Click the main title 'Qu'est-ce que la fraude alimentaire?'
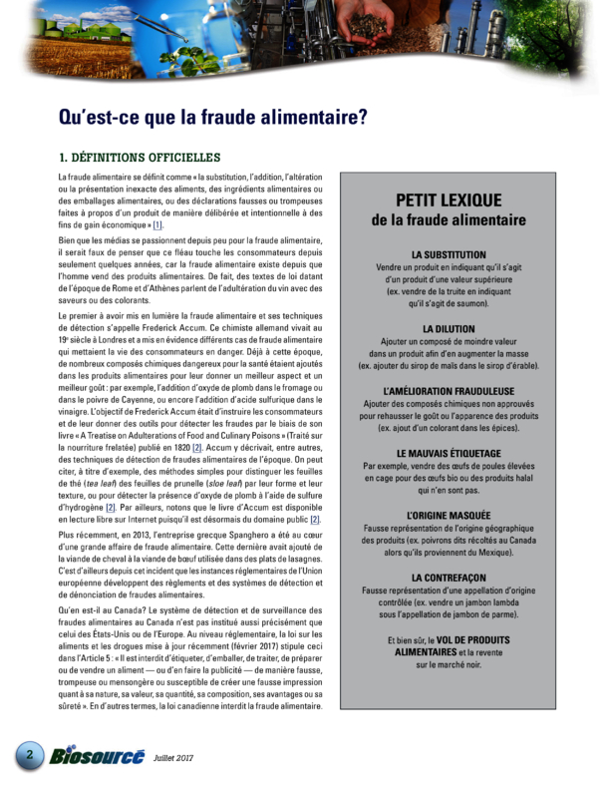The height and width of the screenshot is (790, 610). (x=212, y=117)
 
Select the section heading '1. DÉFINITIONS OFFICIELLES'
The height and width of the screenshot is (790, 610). (x=139, y=158)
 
